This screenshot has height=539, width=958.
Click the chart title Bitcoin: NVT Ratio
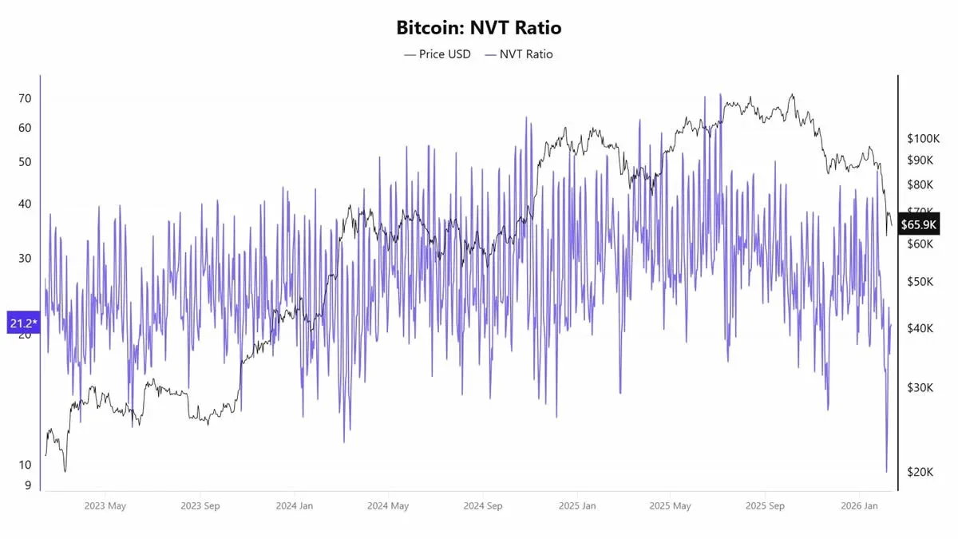(479, 28)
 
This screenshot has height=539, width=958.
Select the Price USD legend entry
(437, 54)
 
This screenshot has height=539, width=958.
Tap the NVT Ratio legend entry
(518, 54)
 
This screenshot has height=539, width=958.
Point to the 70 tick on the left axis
(25, 98)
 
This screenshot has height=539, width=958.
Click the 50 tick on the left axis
(25, 161)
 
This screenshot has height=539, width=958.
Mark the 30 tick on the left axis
(25, 258)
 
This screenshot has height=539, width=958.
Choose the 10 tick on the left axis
(25, 465)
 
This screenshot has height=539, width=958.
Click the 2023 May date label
(105, 506)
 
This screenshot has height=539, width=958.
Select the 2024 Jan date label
(295, 506)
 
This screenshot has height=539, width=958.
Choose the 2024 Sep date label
(482, 506)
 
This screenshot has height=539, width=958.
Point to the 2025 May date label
(671, 506)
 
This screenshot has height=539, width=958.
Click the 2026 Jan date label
(859, 506)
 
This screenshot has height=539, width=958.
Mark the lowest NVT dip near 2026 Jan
(886, 472)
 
